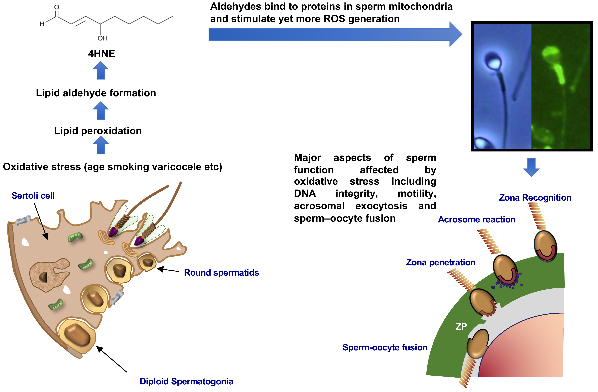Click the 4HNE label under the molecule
coord(102,53)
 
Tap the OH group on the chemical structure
coord(103,38)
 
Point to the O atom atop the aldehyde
coord(57,7)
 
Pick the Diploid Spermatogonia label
coord(186,381)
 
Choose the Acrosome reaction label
coord(476,219)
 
